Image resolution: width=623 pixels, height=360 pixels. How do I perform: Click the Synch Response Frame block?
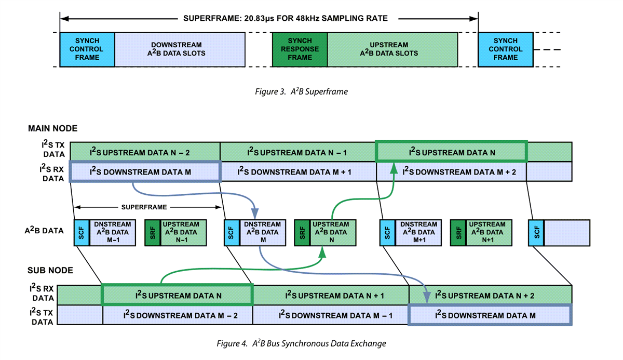(x=300, y=49)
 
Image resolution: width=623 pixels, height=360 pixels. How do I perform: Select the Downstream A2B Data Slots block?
(x=180, y=49)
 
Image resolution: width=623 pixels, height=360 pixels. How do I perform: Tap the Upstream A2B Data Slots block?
(x=392, y=49)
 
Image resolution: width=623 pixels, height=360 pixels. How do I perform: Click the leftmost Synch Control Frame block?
(x=87, y=49)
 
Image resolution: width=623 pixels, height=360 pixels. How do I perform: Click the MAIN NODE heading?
(x=52, y=128)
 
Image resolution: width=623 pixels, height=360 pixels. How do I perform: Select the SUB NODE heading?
(x=50, y=271)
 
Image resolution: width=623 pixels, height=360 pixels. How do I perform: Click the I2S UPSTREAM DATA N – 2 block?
(x=145, y=152)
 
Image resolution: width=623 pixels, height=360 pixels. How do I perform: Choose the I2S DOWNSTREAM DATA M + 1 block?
(x=297, y=171)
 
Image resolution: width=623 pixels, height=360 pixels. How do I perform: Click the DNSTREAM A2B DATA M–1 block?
(x=114, y=232)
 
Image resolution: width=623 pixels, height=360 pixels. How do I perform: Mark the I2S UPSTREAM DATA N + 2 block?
(x=490, y=295)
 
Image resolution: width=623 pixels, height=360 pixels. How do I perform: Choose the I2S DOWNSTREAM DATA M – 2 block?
(x=178, y=315)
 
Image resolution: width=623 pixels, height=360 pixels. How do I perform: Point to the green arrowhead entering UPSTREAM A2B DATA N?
(x=322, y=252)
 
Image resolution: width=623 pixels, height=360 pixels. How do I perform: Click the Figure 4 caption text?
(x=301, y=343)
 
